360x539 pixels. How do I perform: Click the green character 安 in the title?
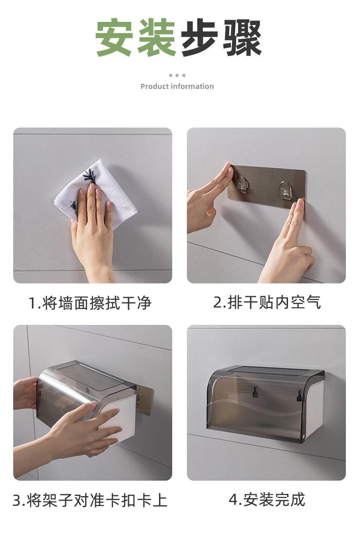pyautogui.click(x=114, y=38)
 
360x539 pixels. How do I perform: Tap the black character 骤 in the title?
pyautogui.click(x=243, y=38)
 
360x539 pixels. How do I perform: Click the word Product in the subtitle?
pyautogui.click(x=154, y=86)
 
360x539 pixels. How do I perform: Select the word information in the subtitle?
pyautogui.click(x=191, y=86)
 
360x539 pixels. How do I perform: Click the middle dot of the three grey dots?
pyautogui.click(x=177, y=75)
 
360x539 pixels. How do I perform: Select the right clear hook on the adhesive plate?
pyautogui.click(x=285, y=190)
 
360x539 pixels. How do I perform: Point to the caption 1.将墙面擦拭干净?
pyautogui.click(x=90, y=303)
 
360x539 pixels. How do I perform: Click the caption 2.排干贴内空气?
pyautogui.click(x=267, y=303)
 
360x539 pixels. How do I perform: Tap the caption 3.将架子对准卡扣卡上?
pyautogui.click(x=90, y=500)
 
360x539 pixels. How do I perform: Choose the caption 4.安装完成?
pyautogui.click(x=267, y=499)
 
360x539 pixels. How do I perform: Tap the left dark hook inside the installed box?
pyautogui.click(x=255, y=391)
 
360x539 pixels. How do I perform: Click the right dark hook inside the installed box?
pyautogui.click(x=299, y=395)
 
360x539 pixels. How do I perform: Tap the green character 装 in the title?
pyautogui.click(x=157, y=38)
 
